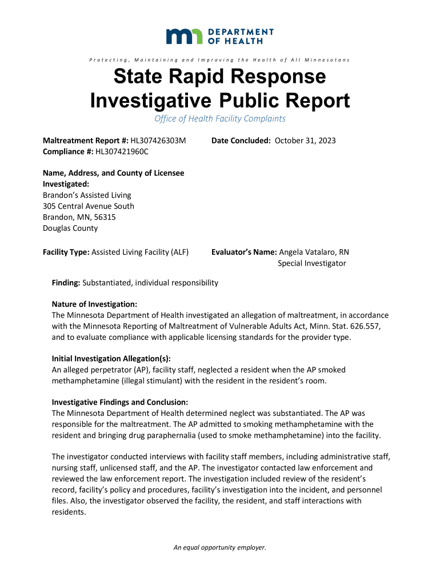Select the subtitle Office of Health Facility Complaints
pos(220,119)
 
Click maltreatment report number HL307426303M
pos(158,141)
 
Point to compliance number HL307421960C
pos(122,151)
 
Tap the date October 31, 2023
pos(305,141)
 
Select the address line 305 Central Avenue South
pos(89,206)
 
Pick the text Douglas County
pos(70,228)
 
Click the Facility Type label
pos(66,252)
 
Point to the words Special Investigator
pos(312,263)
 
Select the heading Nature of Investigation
pos(95,304)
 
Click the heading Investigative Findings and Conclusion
pos(120,402)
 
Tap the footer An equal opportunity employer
pos(220,547)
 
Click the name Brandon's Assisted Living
pos(87,195)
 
